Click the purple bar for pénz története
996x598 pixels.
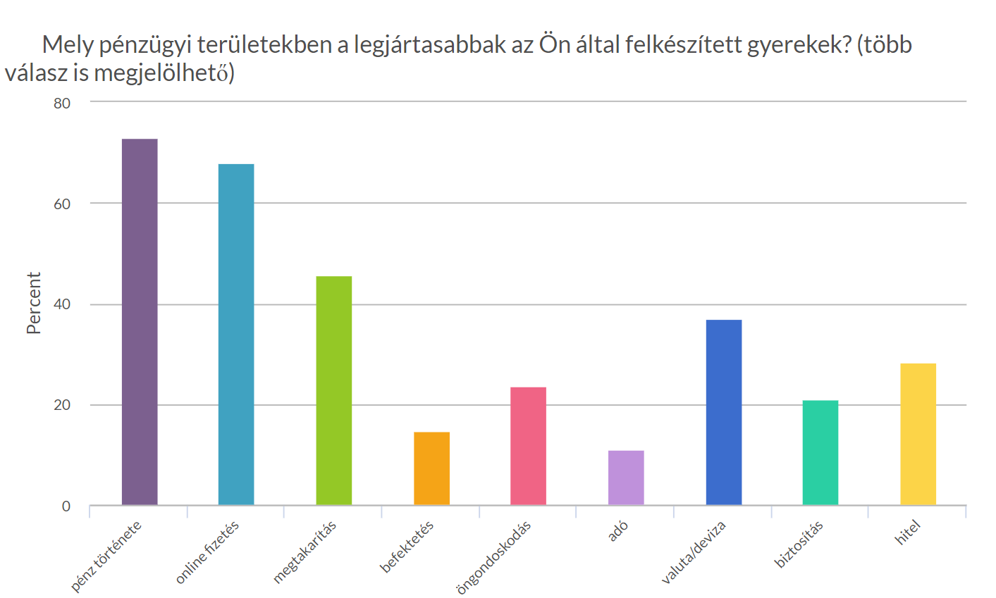(140, 322)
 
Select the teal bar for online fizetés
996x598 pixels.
(236, 335)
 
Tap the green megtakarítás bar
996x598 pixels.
(334, 390)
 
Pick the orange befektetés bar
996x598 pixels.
(431, 468)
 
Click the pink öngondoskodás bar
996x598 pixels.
(528, 446)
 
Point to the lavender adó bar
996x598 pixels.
(626, 478)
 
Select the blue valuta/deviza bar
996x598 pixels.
(723, 412)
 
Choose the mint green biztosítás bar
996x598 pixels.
(820, 452)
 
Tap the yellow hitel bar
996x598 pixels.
(918, 434)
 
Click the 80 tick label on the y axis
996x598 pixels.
(62, 104)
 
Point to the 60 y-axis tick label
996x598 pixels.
(62, 204)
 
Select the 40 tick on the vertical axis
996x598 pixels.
(62, 305)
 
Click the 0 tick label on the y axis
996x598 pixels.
(66, 506)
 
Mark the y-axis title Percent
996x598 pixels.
(34, 303)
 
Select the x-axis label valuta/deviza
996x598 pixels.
(694, 552)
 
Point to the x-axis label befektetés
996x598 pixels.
(407, 547)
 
